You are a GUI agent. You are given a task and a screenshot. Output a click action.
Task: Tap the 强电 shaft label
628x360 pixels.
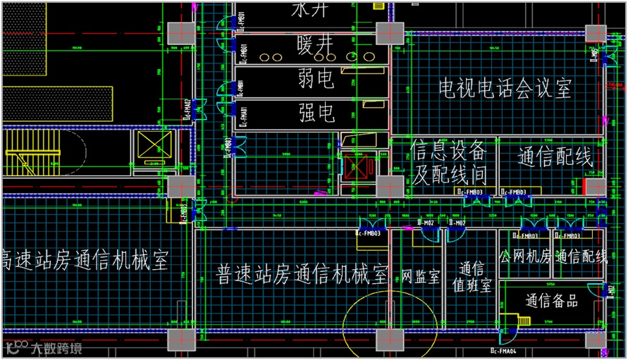[316, 112]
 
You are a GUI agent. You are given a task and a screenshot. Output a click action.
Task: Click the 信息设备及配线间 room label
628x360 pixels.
[448, 162]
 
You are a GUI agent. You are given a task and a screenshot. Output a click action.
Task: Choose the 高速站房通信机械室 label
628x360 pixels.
[85, 260]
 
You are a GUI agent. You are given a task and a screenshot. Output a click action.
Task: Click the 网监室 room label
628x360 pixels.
[421, 275]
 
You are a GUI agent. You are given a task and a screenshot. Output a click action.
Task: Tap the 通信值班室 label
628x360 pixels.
[472, 279]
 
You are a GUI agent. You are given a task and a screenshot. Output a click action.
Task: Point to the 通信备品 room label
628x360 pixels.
[552, 302]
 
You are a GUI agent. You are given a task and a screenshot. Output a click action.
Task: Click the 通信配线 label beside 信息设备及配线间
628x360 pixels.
[555, 156]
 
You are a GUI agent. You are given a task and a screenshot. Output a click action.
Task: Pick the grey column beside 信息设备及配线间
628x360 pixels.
[388, 187]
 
